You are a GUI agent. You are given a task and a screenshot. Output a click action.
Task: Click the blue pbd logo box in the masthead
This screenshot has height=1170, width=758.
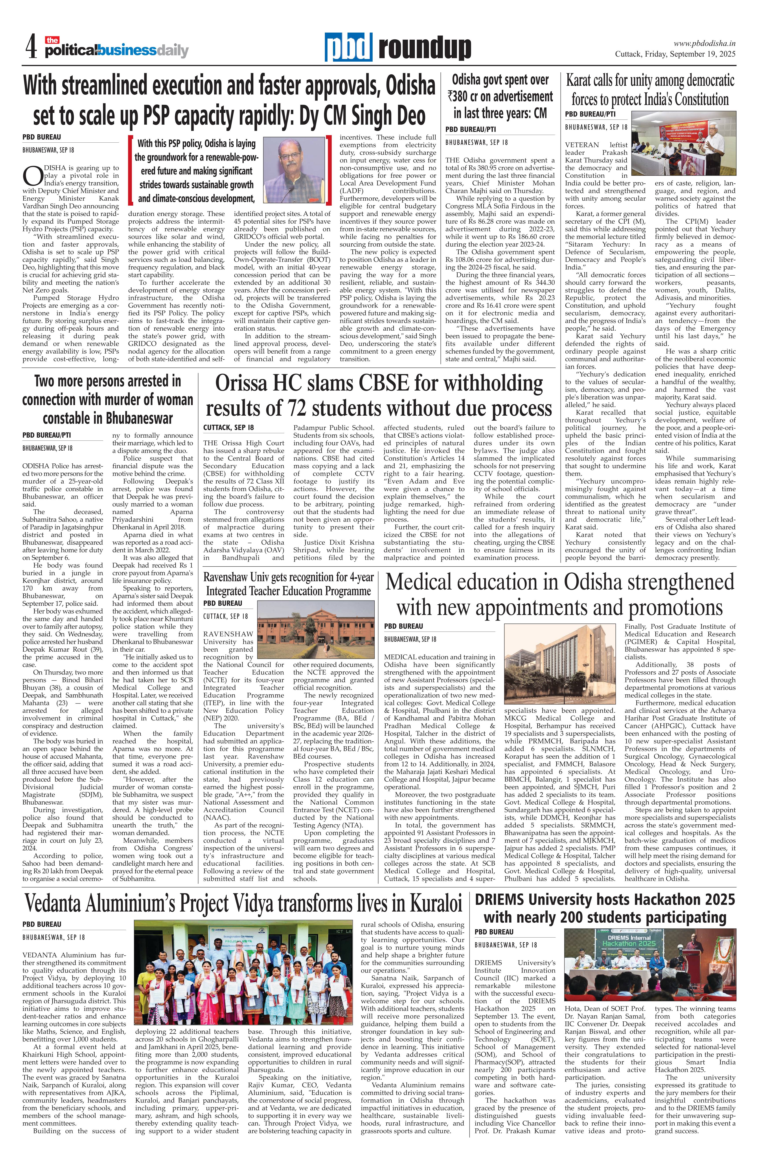(348, 48)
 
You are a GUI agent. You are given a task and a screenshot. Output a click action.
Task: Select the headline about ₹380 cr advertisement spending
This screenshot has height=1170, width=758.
(500, 96)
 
